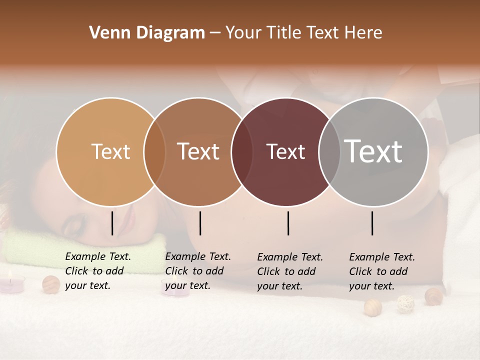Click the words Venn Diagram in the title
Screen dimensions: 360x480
(147, 33)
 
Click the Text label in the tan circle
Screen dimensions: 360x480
(110, 151)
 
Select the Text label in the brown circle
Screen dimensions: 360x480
(198, 151)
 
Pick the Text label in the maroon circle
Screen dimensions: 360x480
(286, 151)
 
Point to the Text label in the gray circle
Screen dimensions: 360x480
(373, 151)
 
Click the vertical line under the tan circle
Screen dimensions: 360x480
(112, 223)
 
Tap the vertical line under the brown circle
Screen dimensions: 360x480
(200, 223)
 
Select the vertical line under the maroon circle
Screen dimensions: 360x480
(288, 223)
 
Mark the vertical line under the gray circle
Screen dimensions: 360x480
(372, 223)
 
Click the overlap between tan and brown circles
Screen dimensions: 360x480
(154, 152)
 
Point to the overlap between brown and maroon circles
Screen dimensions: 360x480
(241, 152)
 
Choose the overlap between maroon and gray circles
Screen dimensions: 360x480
(329, 152)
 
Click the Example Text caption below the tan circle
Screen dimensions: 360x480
(98, 271)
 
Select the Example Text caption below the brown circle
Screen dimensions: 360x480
(198, 271)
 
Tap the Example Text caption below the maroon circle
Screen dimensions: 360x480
(290, 271)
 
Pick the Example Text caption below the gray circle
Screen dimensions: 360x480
(382, 271)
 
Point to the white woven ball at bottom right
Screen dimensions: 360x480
(405, 303)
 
